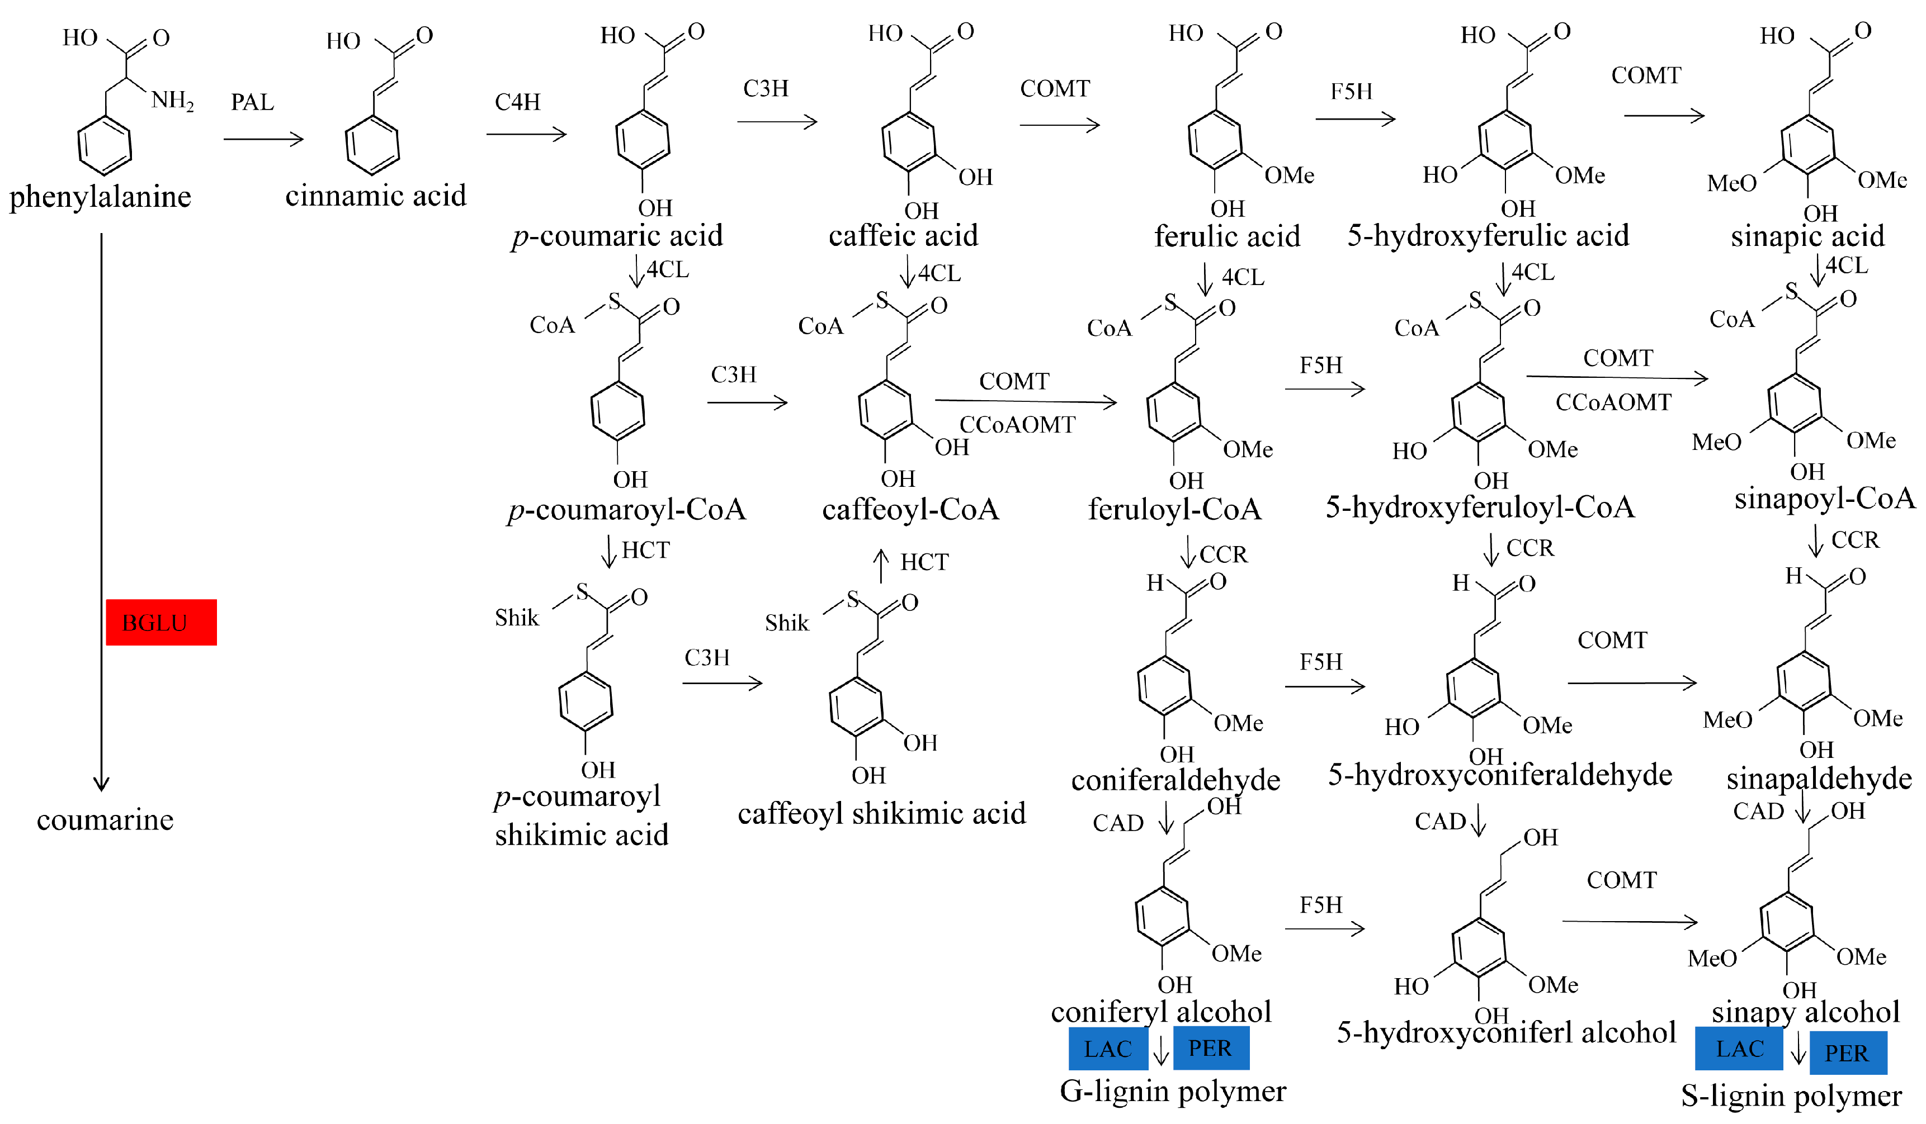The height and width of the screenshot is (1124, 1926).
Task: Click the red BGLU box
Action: pos(160,622)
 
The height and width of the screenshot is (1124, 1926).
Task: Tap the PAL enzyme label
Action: pos(252,102)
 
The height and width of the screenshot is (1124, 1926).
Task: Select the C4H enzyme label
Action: pos(517,102)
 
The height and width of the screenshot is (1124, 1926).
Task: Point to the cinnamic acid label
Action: pos(375,196)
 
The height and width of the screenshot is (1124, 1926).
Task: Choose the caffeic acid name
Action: pos(903,235)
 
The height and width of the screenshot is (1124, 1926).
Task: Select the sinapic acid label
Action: pos(1807,236)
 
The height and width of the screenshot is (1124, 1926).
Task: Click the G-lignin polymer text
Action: pos(1172,1091)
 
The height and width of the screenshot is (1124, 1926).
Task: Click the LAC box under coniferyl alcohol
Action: pos(1107,1049)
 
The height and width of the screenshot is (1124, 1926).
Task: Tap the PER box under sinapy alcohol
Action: pos(1847,1053)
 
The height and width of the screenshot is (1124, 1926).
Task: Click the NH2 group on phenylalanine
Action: pos(172,100)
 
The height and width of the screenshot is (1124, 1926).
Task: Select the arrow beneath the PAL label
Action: pos(264,139)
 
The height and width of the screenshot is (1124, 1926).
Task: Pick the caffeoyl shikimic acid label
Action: pos(881,813)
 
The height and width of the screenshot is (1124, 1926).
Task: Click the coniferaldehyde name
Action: pos(1175,779)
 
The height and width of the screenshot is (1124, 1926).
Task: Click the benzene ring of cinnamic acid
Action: pos(372,144)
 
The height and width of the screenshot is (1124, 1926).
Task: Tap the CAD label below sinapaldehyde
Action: pos(1758,812)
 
